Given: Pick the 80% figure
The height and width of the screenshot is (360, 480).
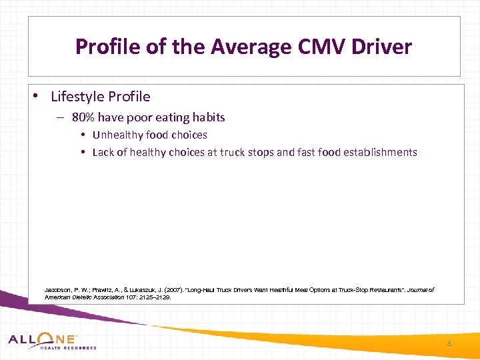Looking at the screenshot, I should tap(84, 117).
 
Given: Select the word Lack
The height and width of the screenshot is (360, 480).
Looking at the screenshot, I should tap(103, 152).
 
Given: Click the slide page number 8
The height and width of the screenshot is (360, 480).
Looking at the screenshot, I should tap(449, 343).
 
